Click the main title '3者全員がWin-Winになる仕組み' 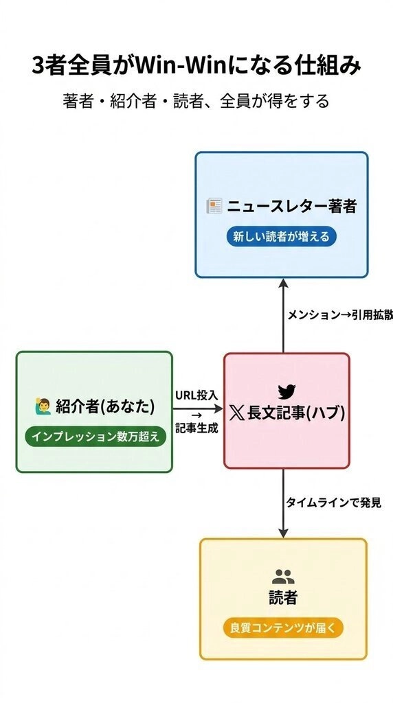coord(196,65)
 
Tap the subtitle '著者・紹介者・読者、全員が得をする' coord(196,101)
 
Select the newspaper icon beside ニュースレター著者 coord(214,206)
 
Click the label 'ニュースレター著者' coord(291,206)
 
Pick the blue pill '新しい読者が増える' coord(281,236)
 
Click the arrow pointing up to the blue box coord(283,316)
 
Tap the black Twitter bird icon coord(287,391)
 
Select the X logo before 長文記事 coord(236,413)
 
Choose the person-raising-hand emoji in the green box coord(43,406)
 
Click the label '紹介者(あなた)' coord(105,406)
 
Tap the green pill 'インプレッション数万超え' coord(95,437)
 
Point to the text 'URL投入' coord(196,395)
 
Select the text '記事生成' coord(196,428)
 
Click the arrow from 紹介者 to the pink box coord(198,408)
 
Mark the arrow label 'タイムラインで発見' coord(334,503)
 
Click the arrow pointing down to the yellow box coord(283,503)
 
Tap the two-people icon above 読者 coord(283,576)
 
